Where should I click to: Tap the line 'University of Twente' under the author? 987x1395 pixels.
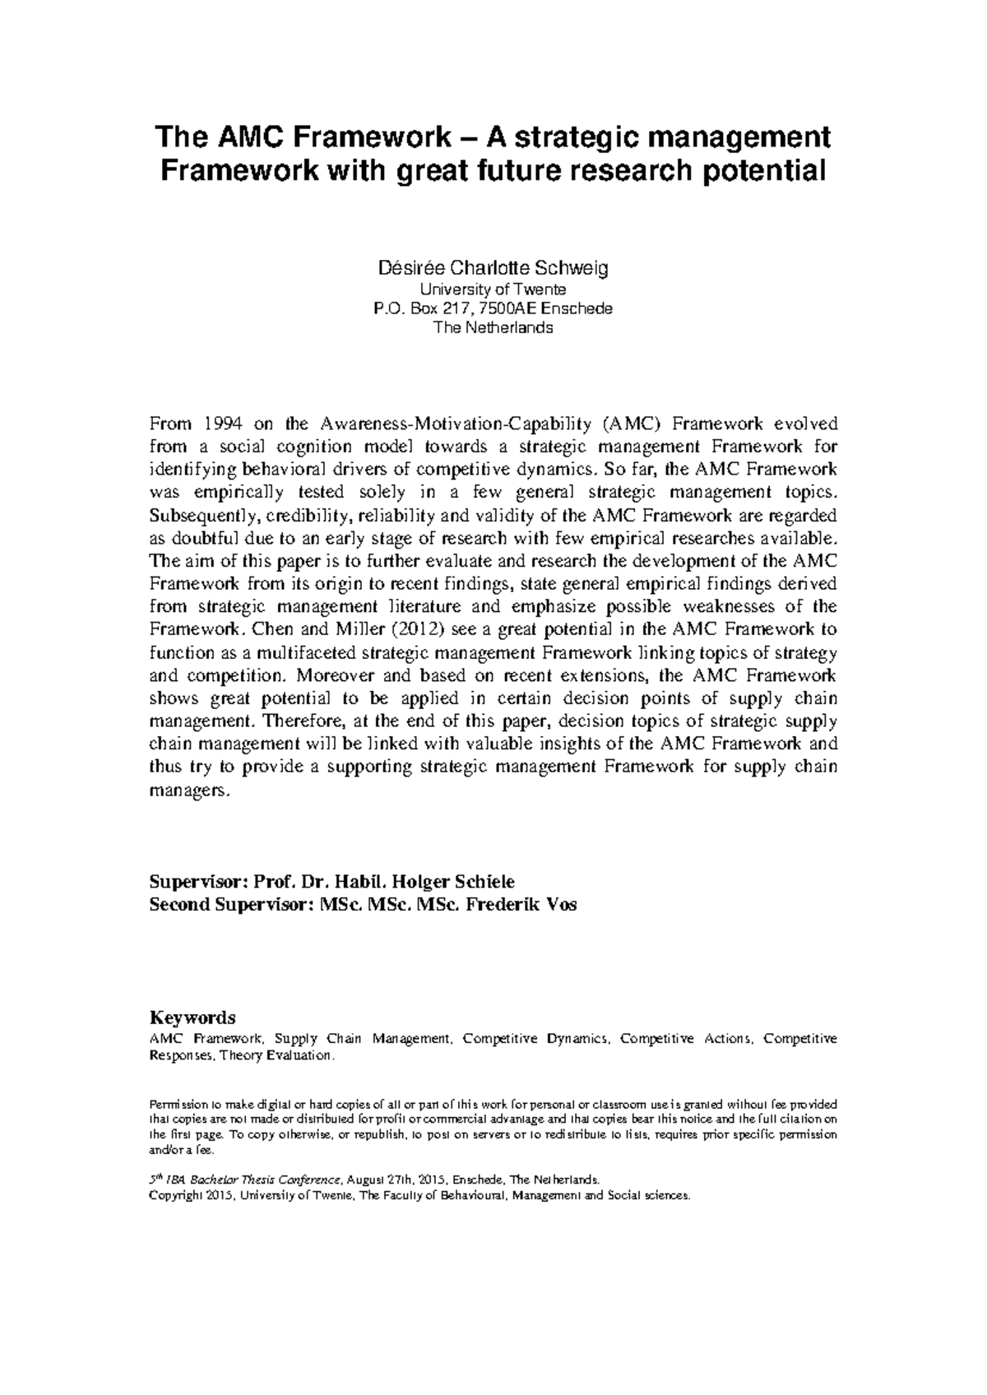[x=493, y=290]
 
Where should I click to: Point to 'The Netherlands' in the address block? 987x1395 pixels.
[x=493, y=327]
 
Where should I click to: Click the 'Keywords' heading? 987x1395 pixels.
[x=192, y=1017]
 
